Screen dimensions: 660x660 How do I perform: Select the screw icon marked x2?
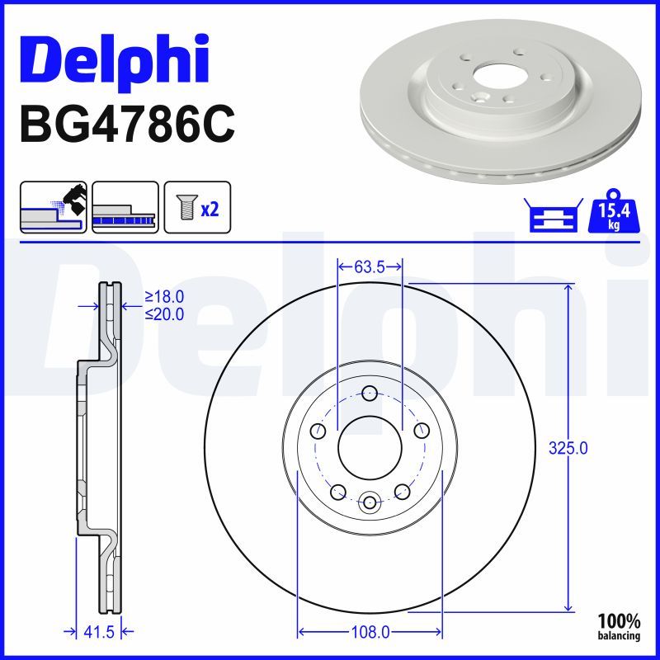point(197,206)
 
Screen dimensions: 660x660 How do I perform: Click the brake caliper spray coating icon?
point(54,206)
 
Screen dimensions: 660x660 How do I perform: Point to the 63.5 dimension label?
point(370,266)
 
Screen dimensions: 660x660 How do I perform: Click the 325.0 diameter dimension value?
point(568,449)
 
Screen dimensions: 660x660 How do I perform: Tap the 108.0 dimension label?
point(370,633)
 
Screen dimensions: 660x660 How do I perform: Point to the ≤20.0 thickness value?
point(164,313)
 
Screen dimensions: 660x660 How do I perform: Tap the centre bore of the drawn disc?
point(370,443)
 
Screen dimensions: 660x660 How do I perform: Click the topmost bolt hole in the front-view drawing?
point(370,393)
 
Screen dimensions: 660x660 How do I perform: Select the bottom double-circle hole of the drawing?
point(370,502)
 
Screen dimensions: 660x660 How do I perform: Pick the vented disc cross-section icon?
point(125,206)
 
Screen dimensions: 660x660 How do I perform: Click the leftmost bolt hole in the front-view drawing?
point(318,431)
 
